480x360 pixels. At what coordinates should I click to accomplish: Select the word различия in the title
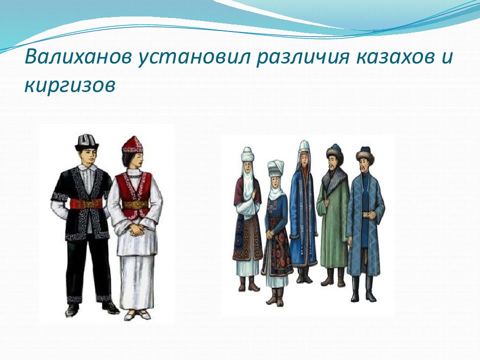302,57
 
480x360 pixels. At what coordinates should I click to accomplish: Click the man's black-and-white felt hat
87,142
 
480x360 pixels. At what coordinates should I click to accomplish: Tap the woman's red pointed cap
132,145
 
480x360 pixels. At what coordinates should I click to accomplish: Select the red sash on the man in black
86,203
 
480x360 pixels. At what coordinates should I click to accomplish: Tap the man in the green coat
333,215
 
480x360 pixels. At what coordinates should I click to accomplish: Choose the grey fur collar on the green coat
333,179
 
